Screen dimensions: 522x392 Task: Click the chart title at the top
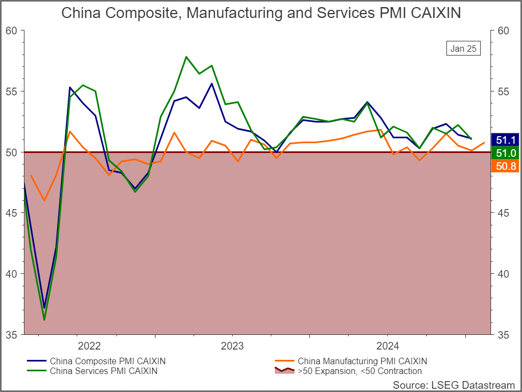tap(261, 13)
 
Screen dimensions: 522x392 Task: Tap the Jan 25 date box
tap(463, 48)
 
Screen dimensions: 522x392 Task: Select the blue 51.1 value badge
tap(505, 140)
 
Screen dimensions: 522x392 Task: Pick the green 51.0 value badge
tap(505, 153)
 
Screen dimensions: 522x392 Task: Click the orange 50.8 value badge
tap(505, 166)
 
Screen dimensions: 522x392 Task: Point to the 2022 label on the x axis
tap(89, 346)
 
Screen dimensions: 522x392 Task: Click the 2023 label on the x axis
tap(232, 346)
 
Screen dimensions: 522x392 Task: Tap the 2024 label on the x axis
tap(388, 346)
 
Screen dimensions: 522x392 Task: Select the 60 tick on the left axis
tap(11, 30)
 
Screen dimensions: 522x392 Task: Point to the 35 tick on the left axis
tap(11, 335)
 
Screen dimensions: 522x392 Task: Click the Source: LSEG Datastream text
tap(453, 385)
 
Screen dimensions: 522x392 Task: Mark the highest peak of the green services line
tap(186, 57)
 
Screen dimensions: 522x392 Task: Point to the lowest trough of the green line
tap(44, 320)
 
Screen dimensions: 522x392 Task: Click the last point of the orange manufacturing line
tap(484, 142)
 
